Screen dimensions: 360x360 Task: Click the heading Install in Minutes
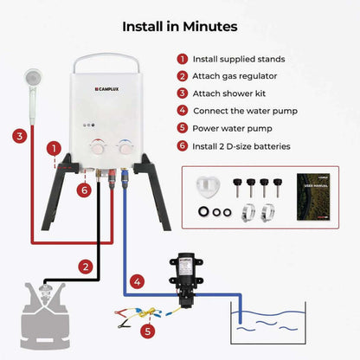(179, 26)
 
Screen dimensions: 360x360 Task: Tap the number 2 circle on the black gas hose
(85, 267)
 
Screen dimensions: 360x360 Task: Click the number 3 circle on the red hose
(18, 135)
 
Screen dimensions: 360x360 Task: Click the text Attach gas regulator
(234, 76)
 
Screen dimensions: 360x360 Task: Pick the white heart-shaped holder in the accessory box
(204, 188)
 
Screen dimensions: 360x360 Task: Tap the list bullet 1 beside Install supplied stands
(182, 59)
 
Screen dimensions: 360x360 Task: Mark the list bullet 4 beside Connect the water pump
(182, 111)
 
